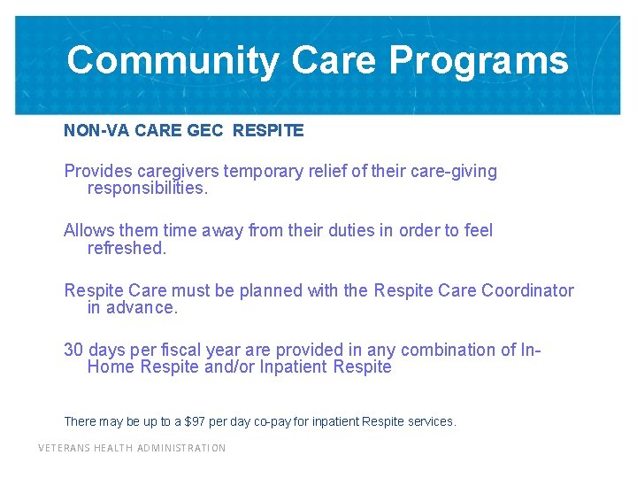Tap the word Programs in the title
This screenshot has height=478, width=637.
click(479, 61)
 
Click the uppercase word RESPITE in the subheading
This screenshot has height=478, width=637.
click(268, 131)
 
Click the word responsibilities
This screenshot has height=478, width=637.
click(147, 189)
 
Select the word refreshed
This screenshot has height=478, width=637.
click(127, 248)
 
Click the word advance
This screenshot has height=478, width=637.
click(143, 308)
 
